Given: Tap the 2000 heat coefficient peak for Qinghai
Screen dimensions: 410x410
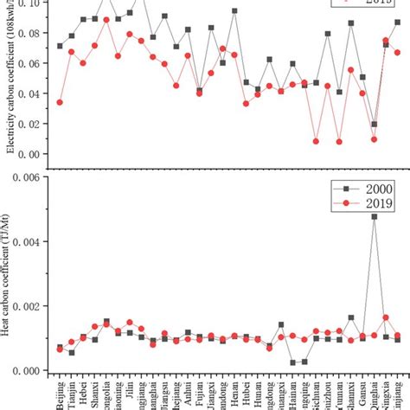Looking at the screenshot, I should pos(375,217).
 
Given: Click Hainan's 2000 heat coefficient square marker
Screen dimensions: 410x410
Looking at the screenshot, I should pos(293,362).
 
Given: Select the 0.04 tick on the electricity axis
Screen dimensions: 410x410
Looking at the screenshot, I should pos(33,93).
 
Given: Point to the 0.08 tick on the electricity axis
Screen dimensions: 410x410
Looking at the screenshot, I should pos(33,33).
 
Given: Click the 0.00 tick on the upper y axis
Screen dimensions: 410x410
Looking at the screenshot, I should pos(33,154).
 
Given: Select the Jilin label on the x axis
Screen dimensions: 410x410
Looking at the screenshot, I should pos(130,388).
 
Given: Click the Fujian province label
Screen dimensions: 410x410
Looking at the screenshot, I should pos(199,390).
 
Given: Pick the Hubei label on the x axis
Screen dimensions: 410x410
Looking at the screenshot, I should pos(247,389).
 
